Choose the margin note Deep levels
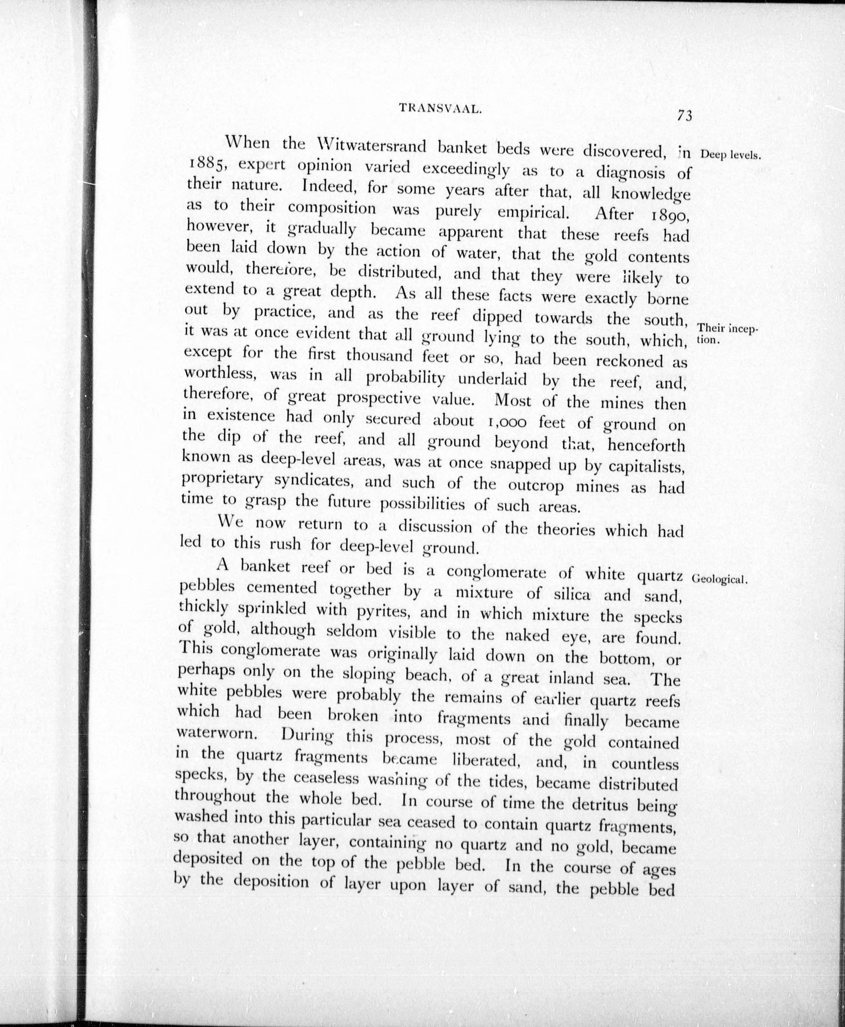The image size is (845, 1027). coord(730,156)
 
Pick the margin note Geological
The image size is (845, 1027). coord(719,579)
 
